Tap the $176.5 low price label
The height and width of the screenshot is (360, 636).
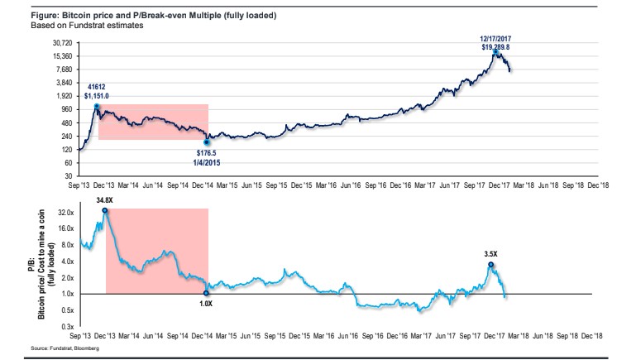(x=208, y=152)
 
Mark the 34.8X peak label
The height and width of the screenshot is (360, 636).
(x=104, y=200)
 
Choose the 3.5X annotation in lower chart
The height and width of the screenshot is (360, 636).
(x=491, y=256)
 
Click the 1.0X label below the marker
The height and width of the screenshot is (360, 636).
(x=207, y=304)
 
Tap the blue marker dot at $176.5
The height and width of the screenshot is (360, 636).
(x=208, y=142)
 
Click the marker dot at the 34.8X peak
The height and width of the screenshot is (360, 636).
(x=105, y=210)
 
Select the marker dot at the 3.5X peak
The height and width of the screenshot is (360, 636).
(x=491, y=265)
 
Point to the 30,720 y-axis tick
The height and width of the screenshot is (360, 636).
(x=61, y=42)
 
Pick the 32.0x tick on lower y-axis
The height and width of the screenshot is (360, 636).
(x=63, y=213)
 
